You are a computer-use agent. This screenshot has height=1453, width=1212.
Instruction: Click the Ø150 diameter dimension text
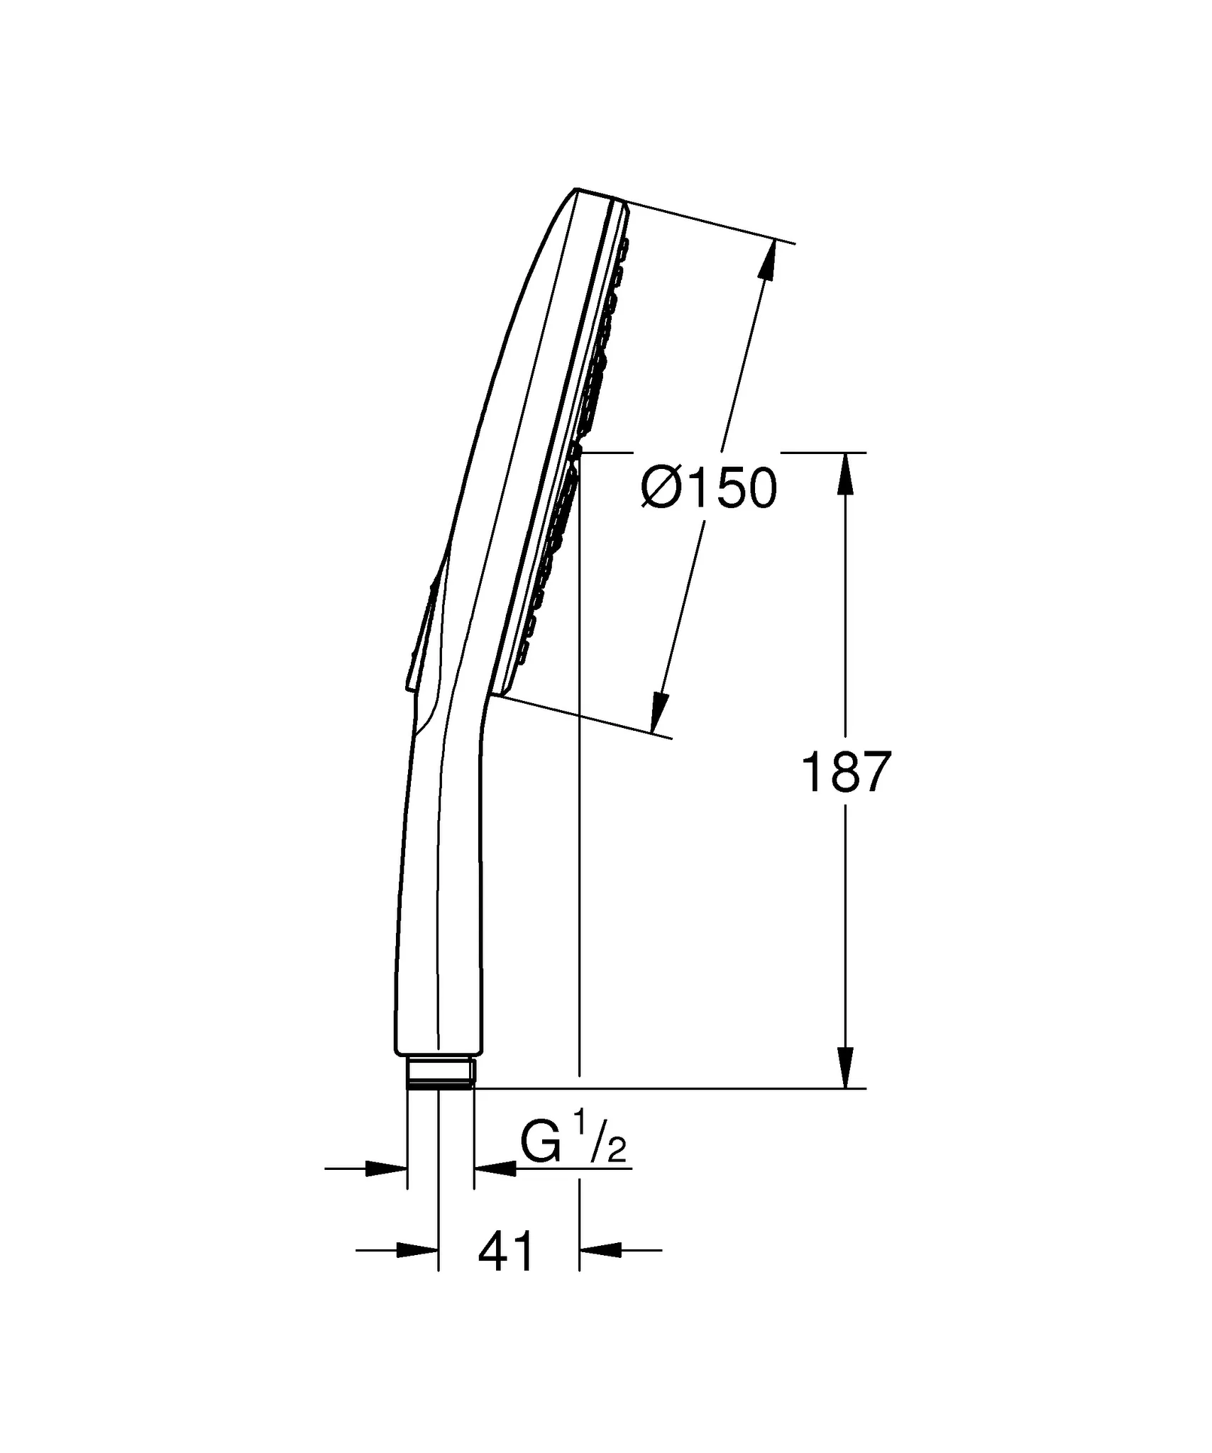709,489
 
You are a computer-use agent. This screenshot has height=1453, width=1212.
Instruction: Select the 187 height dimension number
845,773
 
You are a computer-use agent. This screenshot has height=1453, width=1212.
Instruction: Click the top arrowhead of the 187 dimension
845,474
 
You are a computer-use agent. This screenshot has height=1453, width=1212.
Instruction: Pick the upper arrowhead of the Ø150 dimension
766,263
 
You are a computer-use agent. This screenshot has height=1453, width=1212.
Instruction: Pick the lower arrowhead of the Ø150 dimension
659,712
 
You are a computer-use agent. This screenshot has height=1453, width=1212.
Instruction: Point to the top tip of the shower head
576,189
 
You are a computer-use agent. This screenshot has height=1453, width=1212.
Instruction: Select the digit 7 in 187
874,773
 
